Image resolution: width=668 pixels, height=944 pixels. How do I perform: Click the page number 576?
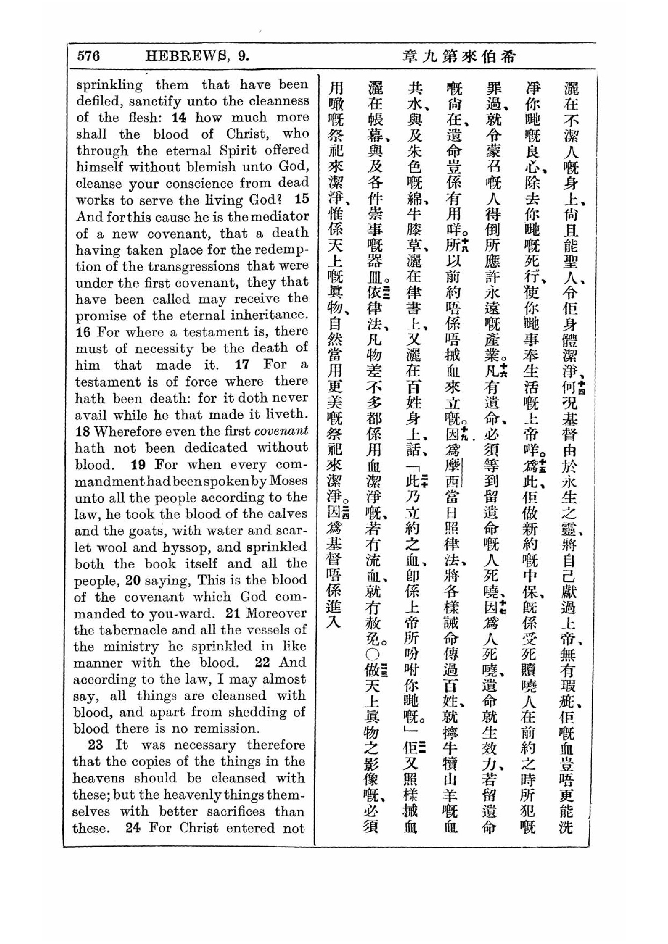[89, 56]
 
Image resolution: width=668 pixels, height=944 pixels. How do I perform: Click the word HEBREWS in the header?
[187, 56]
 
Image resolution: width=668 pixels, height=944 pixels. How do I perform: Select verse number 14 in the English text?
[179, 117]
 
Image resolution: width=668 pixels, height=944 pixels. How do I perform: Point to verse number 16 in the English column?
[83, 332]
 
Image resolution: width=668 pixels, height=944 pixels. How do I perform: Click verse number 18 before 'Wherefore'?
[83, 431]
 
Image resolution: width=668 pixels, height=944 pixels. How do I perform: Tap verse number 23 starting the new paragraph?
[95, 745]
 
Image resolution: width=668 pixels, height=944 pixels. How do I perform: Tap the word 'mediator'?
[280, 216]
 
